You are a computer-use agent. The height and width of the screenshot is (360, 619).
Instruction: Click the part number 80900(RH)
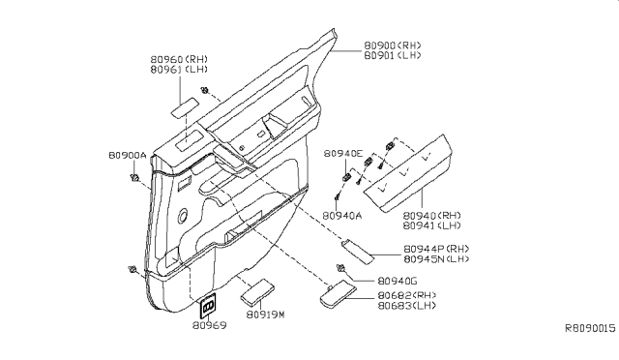pyautogui.click(x=395, y=45)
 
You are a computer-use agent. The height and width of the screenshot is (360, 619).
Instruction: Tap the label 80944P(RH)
pyautogui.click(x=436, y=249)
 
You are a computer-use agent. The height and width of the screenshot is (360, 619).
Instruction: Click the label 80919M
pyautogui.click(x=265, y=315)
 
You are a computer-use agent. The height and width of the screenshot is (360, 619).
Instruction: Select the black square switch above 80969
pyautogui.click(x=208, y=307)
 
